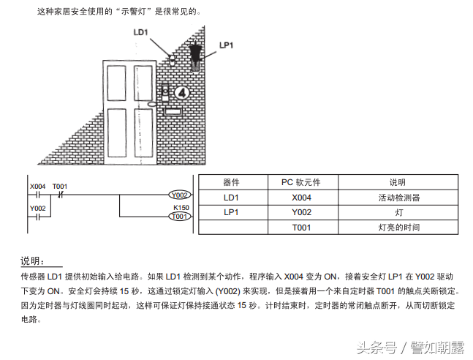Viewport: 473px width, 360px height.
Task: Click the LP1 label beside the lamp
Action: pyautogui.click(x=227, y=45)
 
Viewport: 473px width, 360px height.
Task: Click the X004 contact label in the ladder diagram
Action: pyautogui.click(x=38, y=186)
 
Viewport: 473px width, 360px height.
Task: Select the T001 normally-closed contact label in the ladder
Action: pyautogui.click(x=61, y=186)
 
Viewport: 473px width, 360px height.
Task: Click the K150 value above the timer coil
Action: pyautogui.click(x=181, y=208)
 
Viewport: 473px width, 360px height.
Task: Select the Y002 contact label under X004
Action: pyautogui.click(x=38, y=208)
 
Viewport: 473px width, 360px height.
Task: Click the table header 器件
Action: pyautogui.click(x=231, y=182)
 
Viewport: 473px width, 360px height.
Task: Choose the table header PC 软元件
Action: pyautogui.click(x=301, y=182)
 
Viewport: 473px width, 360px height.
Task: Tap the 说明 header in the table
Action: pyautogui.click(x=398, y=182)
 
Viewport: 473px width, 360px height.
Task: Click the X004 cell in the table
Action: pyautogui.click(x=301, y=198)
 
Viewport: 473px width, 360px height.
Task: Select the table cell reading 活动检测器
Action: pyautogui.click(x=398, y=198)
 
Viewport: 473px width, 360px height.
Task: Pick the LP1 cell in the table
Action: pyautogui.click(x=231, y=212)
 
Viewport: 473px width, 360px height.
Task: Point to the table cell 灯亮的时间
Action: pyautogui.click(x=398, y=228)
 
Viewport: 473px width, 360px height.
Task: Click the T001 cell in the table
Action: pyautogui.click(x=301, y=228)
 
